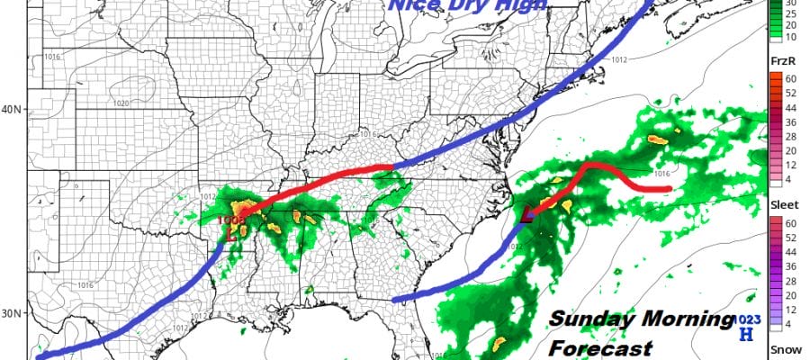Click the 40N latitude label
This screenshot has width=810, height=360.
coord(13,110)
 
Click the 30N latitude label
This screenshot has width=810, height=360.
coord(13,313)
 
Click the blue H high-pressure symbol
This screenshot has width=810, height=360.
coord(744,336)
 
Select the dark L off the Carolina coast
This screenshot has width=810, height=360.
coord(530,215)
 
